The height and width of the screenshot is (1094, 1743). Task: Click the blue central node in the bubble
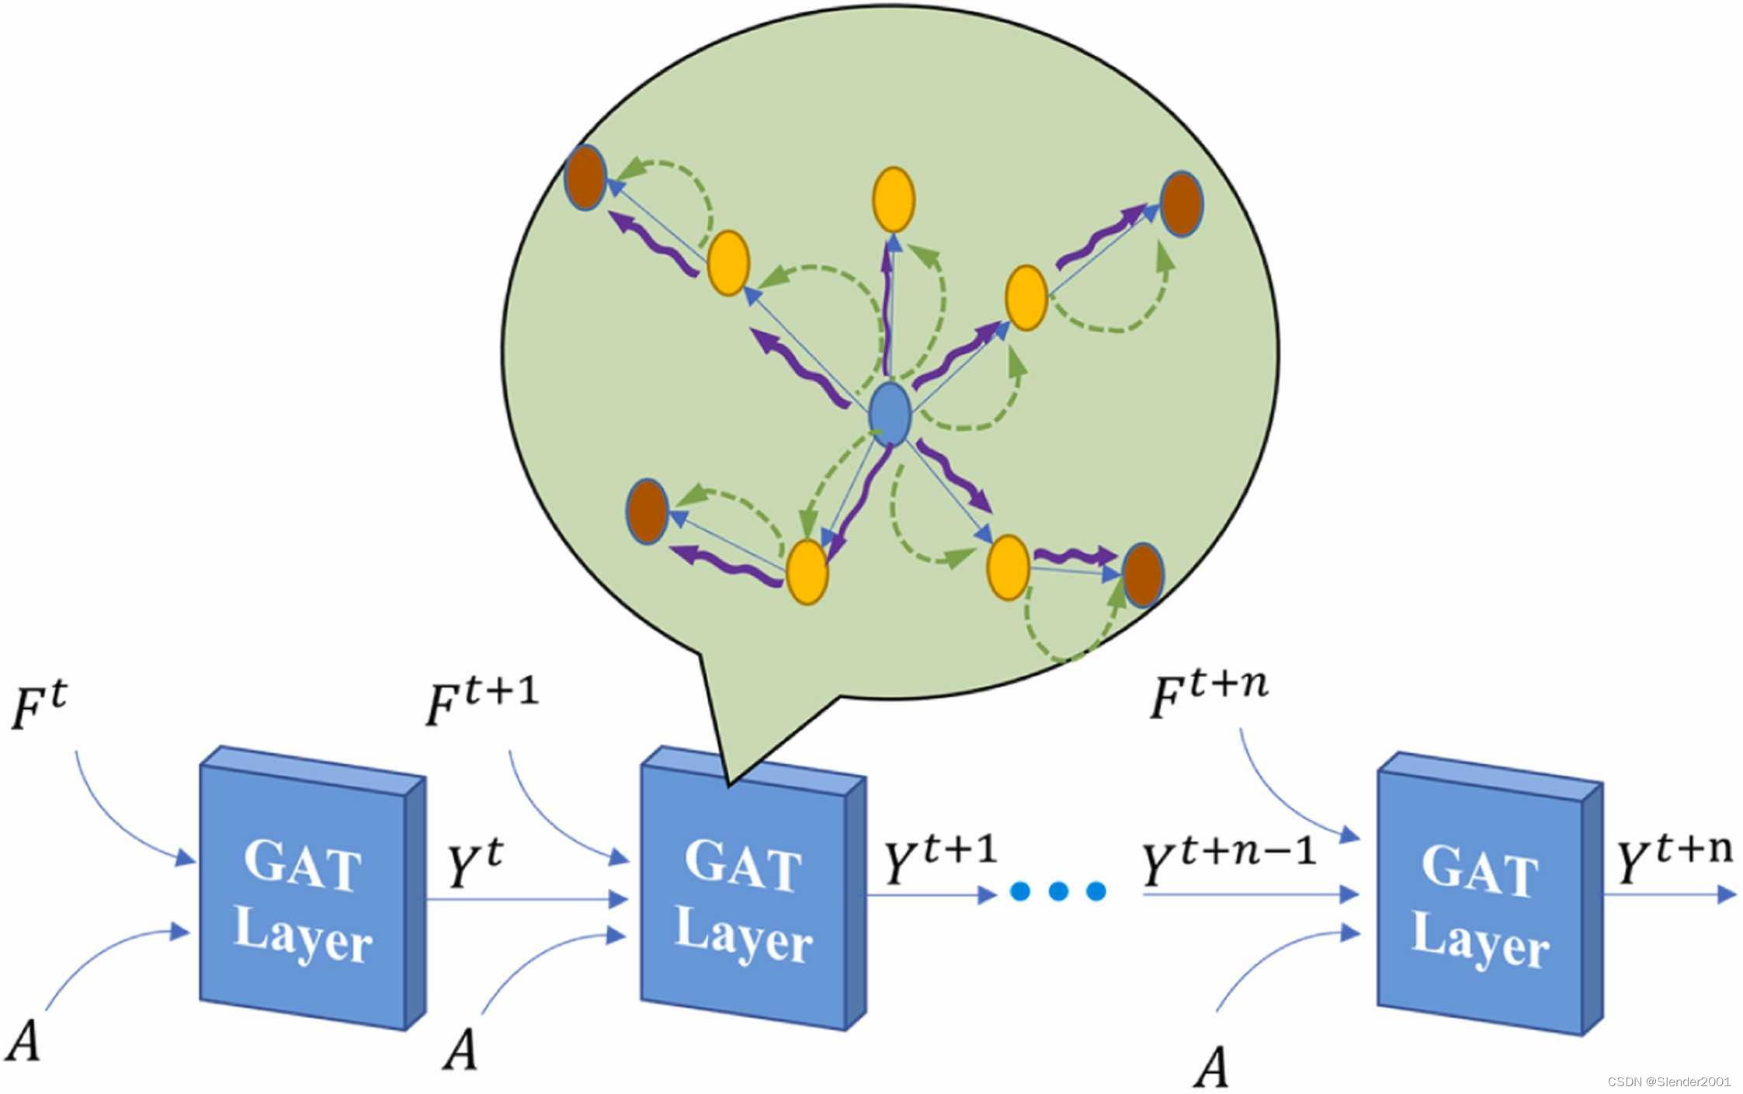[x=890, y=414]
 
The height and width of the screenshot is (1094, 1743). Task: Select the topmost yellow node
[x=894, y=200]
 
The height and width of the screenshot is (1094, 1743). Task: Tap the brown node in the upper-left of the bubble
[x=585, y=177]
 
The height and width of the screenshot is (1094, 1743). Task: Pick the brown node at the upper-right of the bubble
[x=1182, y=203]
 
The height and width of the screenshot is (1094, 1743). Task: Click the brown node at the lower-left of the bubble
[x=647, y=512]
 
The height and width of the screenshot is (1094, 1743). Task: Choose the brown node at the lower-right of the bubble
[x=1143, y=575]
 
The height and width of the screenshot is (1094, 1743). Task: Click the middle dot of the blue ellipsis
[x=1058, y=891]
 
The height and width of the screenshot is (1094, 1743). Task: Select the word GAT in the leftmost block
[x=303, y=866]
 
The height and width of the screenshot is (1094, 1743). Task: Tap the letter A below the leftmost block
[x=23, y=1040]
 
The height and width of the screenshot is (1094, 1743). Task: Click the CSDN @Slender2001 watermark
[x=1669, y=1082]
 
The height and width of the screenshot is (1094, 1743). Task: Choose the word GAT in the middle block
[x=744, y=866]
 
